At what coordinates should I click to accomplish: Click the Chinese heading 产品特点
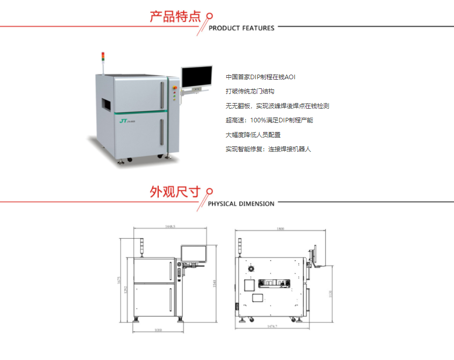(176, 17)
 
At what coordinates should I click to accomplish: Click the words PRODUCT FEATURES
(241, 28)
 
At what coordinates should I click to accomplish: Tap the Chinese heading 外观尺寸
(176, 192)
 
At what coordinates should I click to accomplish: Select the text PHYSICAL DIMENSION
(241, 204)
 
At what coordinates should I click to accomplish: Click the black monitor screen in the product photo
(197, 76)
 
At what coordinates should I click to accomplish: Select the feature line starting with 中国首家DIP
(260, 77)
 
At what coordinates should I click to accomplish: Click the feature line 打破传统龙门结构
(250, 91)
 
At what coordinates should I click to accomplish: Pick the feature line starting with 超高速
(269, 120)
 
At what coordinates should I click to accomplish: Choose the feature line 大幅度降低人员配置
(253, 135)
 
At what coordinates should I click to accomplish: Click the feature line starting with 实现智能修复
(268, 149)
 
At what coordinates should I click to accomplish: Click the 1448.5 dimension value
(170, 227)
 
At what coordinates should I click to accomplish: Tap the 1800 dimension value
(280, 229)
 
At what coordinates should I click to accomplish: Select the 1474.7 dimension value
(272, 326)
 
